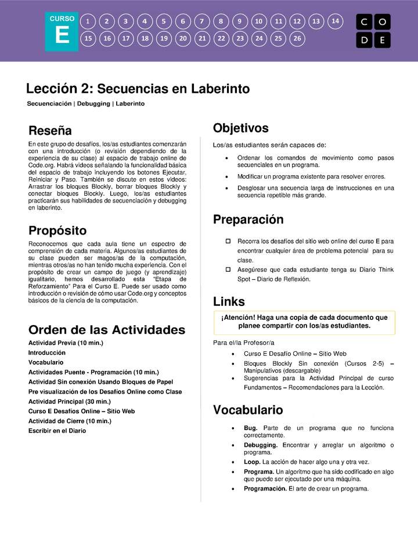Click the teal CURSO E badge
62,32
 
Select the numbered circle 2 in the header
107,21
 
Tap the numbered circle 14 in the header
335,21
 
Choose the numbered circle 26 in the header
297,39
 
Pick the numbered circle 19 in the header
164,39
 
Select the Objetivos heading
240,128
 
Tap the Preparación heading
248,219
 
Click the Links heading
229,301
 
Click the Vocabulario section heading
248,410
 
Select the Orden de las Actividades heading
106,330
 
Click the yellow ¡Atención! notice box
304,322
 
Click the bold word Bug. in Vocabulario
250,428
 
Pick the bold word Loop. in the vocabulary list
252,462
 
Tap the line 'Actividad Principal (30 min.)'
69,401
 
